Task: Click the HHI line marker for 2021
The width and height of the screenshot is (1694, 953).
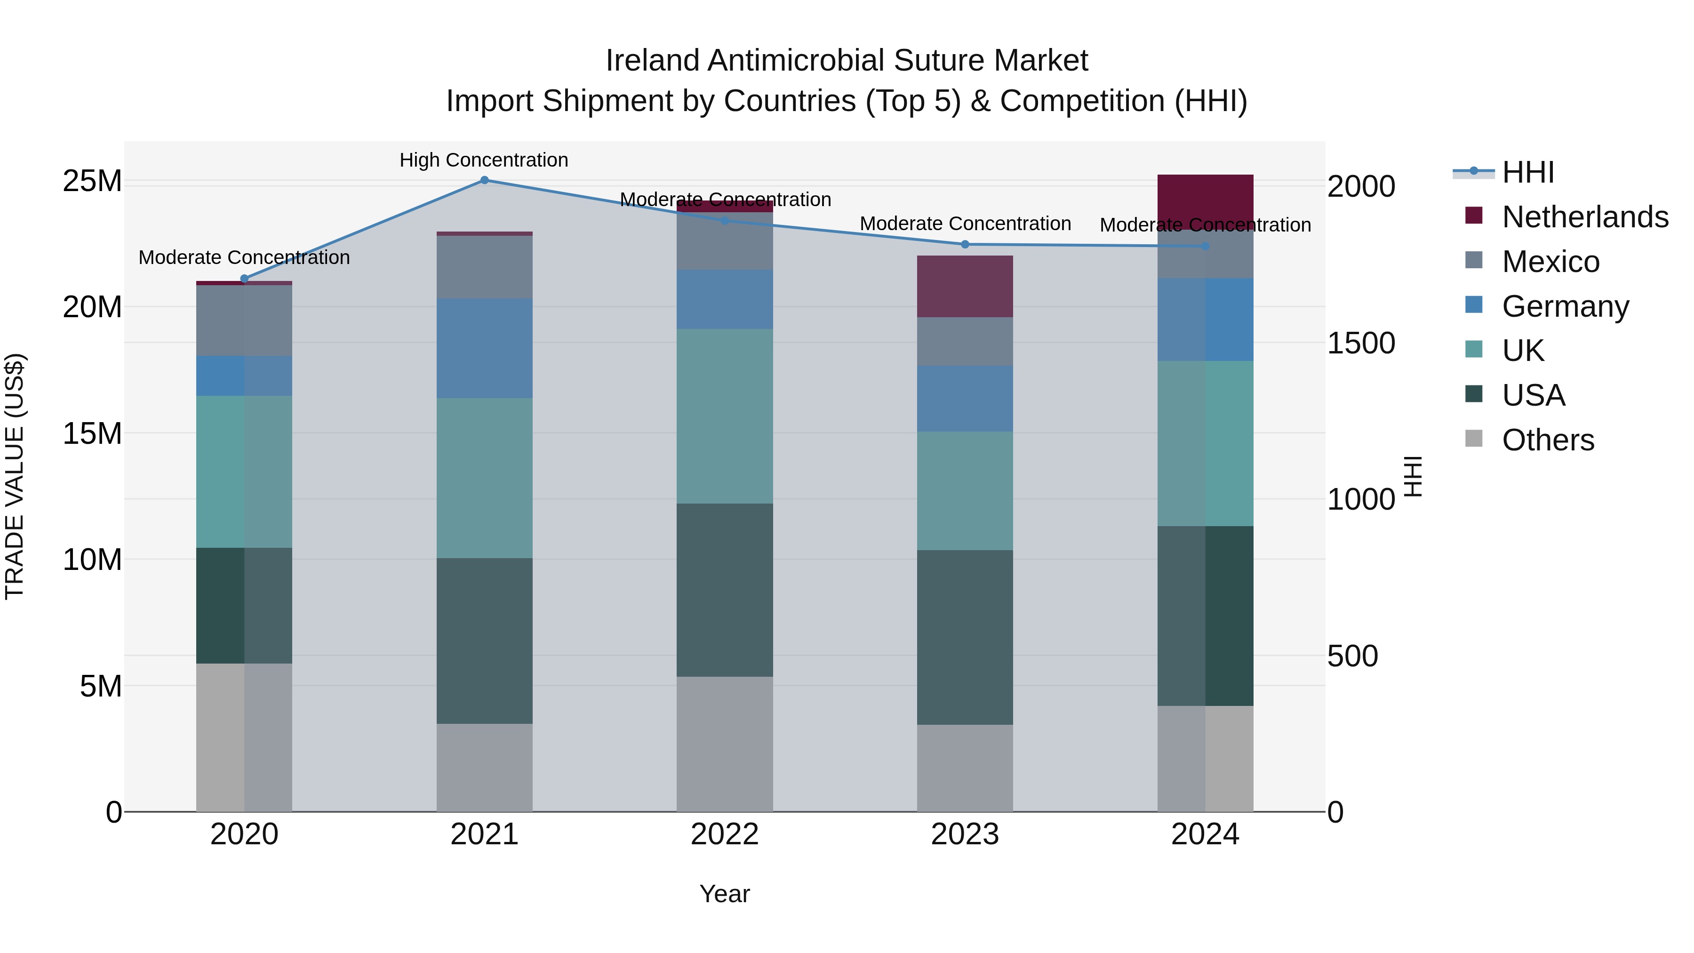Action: click(x=484, y=180)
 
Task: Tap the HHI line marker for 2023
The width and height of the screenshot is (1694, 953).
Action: click(x=965, y=244)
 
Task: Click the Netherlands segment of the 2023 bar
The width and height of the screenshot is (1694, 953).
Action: click(x=965, y=286)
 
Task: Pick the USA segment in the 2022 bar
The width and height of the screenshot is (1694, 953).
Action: click(x=725, y=590)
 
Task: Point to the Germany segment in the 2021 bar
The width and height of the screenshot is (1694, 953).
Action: click(x=484, y=348)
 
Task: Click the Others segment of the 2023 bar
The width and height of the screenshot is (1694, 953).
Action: click(x=965, y=768)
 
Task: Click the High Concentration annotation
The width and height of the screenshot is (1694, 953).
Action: click(x=484, y=160)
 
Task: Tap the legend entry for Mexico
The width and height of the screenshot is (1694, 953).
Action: click(x=1550, y=262)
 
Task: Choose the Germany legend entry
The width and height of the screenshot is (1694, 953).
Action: click(x=1565, y=306)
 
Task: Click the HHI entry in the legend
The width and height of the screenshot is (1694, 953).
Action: click(x=1527, y=172)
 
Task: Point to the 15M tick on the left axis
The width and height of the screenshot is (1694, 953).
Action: click(x=92, y=433)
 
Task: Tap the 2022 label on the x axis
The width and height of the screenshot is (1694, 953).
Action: click(x=725, y=834)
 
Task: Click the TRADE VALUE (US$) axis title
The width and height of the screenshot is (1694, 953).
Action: click(x=15, y=476)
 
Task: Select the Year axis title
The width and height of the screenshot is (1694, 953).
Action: click(x=725, y=894)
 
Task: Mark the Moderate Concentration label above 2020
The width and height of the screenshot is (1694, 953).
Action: click(x=244, y=257)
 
